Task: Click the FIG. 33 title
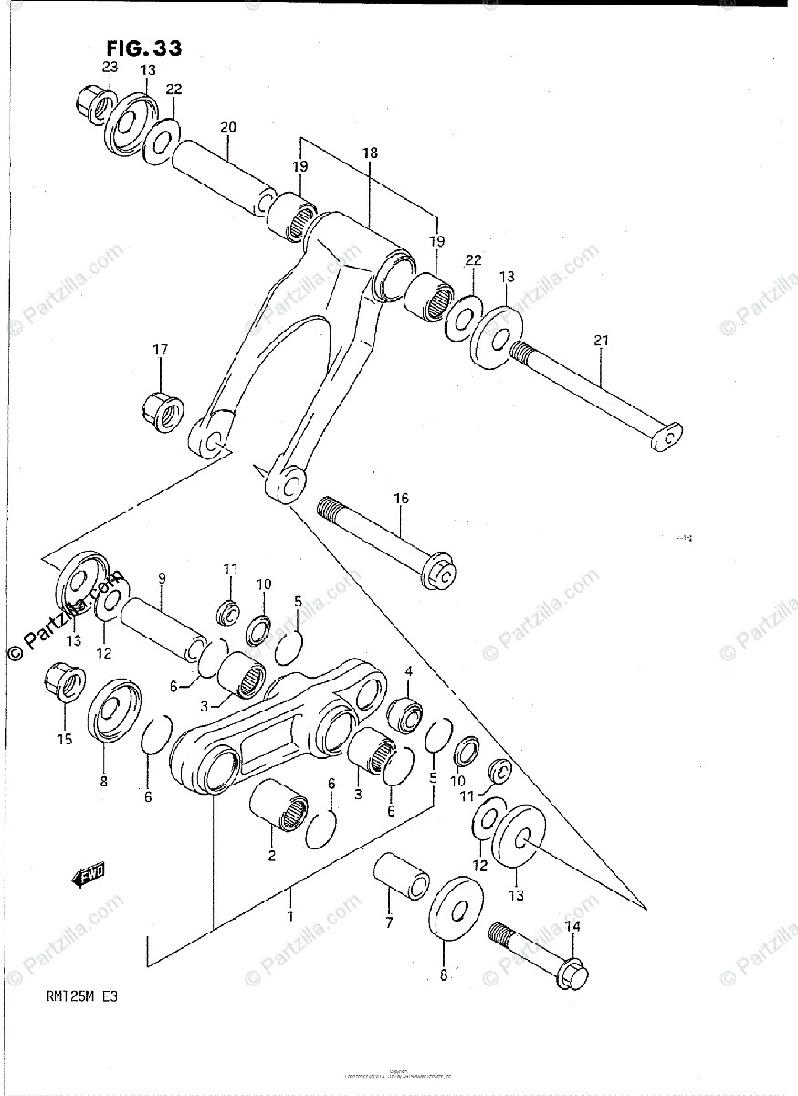pos(143,48)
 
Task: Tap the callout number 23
pos(110,67)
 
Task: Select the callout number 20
pos(228,127)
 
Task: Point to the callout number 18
pos(370,153)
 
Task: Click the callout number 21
pos(601,341)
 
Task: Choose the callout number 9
pos(162,578)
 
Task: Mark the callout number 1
pos(290,916)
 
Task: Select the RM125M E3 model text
pos(79,996)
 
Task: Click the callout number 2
pos(271,856)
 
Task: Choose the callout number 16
pos(401,499)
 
